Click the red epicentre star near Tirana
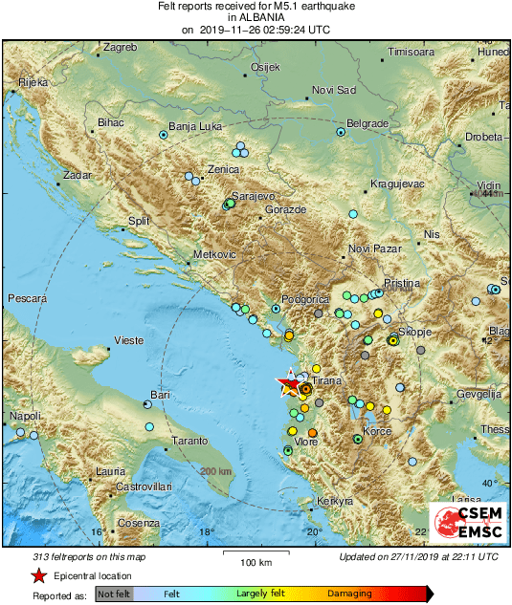click(x=288, y=384)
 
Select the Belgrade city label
click(x=366, y=123)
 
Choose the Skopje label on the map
click(x=415, y=331)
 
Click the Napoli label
click(x=26, y=416)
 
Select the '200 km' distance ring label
click(x=216, y=471)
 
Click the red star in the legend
click(x=37, y=575)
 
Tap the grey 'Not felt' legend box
click(x=114, y=594)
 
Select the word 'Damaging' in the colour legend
click(x=349, y=594)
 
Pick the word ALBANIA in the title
click(x=255, y=17)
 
